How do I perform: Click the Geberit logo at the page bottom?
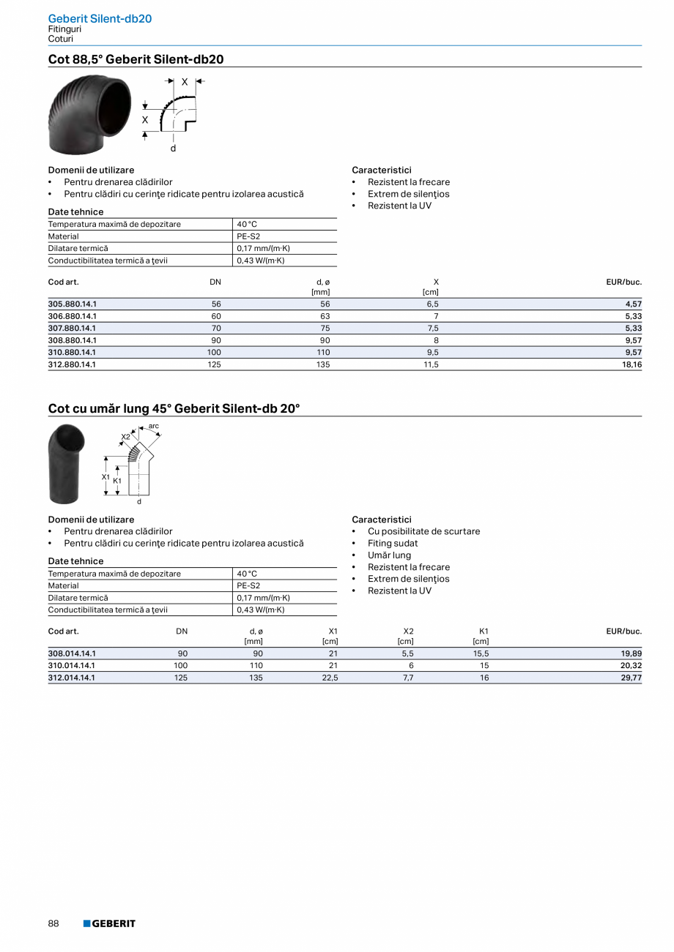(x=109, y=923)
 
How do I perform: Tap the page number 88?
(x=53, y=923)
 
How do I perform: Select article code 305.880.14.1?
(x=73, y=304)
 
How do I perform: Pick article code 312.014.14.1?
(x=72, y=678)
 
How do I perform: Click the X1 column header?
(x=333, y=631)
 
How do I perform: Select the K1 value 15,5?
(x=481, y=653)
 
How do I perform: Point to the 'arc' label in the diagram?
(x=153, y=425)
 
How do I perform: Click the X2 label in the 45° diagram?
(x=125, y=437)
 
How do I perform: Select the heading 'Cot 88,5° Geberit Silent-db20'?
(x=136, y=59)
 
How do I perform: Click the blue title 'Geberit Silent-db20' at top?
(x=100, y=18)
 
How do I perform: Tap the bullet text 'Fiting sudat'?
(x=393, y=544)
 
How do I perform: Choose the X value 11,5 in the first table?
(x=431, y=364)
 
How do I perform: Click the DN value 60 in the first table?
(x=216, y=316)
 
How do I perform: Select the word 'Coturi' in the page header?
(x=61, y=39)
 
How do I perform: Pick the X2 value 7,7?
(x=409, y=678)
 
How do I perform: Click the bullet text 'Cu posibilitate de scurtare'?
(x=423, y=531)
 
